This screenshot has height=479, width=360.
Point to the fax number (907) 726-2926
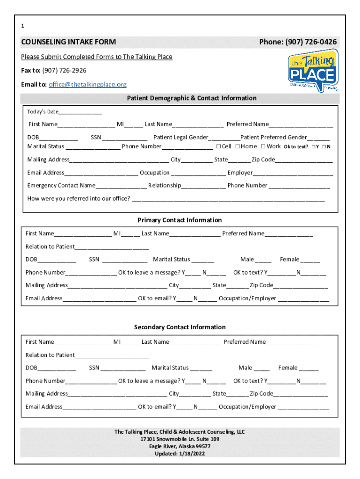click(64, 71)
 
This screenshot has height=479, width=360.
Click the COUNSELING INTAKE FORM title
click(68, 42)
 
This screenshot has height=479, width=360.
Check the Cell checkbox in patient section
click(218, 146)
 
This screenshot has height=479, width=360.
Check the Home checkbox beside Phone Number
click(238, 146)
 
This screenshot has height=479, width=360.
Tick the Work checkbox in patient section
click(263, 146)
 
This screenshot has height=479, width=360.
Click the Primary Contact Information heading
click(180, 220)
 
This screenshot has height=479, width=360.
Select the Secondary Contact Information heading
click(180, 327)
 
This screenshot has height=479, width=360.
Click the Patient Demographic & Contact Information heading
click(192, 98)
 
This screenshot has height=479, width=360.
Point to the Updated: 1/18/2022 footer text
click(180, 454)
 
